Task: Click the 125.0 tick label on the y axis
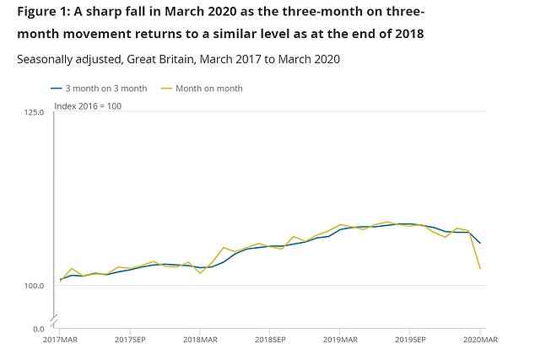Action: tap(33, 112)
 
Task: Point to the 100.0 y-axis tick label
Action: tap(33, 286)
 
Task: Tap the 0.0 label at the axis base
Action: tap(38, 328)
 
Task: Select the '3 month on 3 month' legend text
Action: tap(106, 89)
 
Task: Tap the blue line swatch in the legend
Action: tap(57, 89)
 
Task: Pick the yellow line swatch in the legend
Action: tap(166, 89)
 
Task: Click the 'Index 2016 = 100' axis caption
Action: tap(88, 105)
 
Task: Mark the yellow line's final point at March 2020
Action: tap(480, 269)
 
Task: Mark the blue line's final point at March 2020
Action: tap(480, 244)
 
